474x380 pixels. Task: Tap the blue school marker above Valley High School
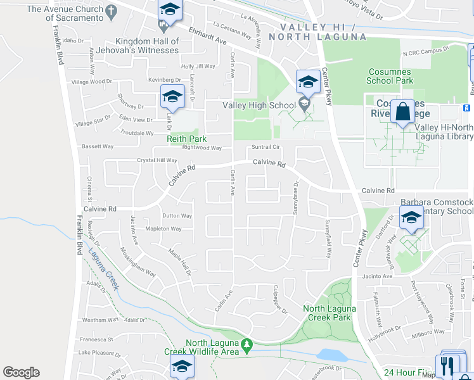308,82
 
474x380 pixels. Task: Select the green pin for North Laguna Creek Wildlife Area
248,346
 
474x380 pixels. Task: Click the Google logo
21,372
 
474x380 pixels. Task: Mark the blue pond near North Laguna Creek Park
330,355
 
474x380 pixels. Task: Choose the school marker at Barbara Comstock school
411,219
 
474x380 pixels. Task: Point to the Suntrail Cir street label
266,147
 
